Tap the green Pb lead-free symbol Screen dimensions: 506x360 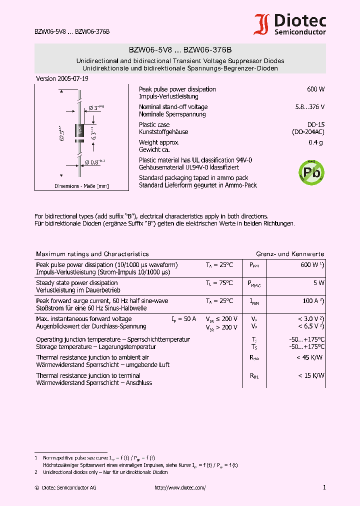311,171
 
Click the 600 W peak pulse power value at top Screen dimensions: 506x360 315,89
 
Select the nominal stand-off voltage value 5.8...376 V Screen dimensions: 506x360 310,107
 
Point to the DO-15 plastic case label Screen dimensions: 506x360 315,124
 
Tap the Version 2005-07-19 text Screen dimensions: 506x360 62,79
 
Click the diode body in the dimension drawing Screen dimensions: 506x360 79,130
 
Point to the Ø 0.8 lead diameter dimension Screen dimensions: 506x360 95,161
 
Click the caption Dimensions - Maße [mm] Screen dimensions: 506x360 81,186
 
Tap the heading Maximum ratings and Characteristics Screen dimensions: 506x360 92,254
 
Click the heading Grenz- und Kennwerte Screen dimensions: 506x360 290,254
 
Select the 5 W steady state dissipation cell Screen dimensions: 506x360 318,283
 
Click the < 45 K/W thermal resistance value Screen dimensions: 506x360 310,357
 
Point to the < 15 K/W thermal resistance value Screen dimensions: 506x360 311,375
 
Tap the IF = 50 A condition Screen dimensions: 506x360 183,319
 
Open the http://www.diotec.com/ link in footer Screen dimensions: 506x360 180,487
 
